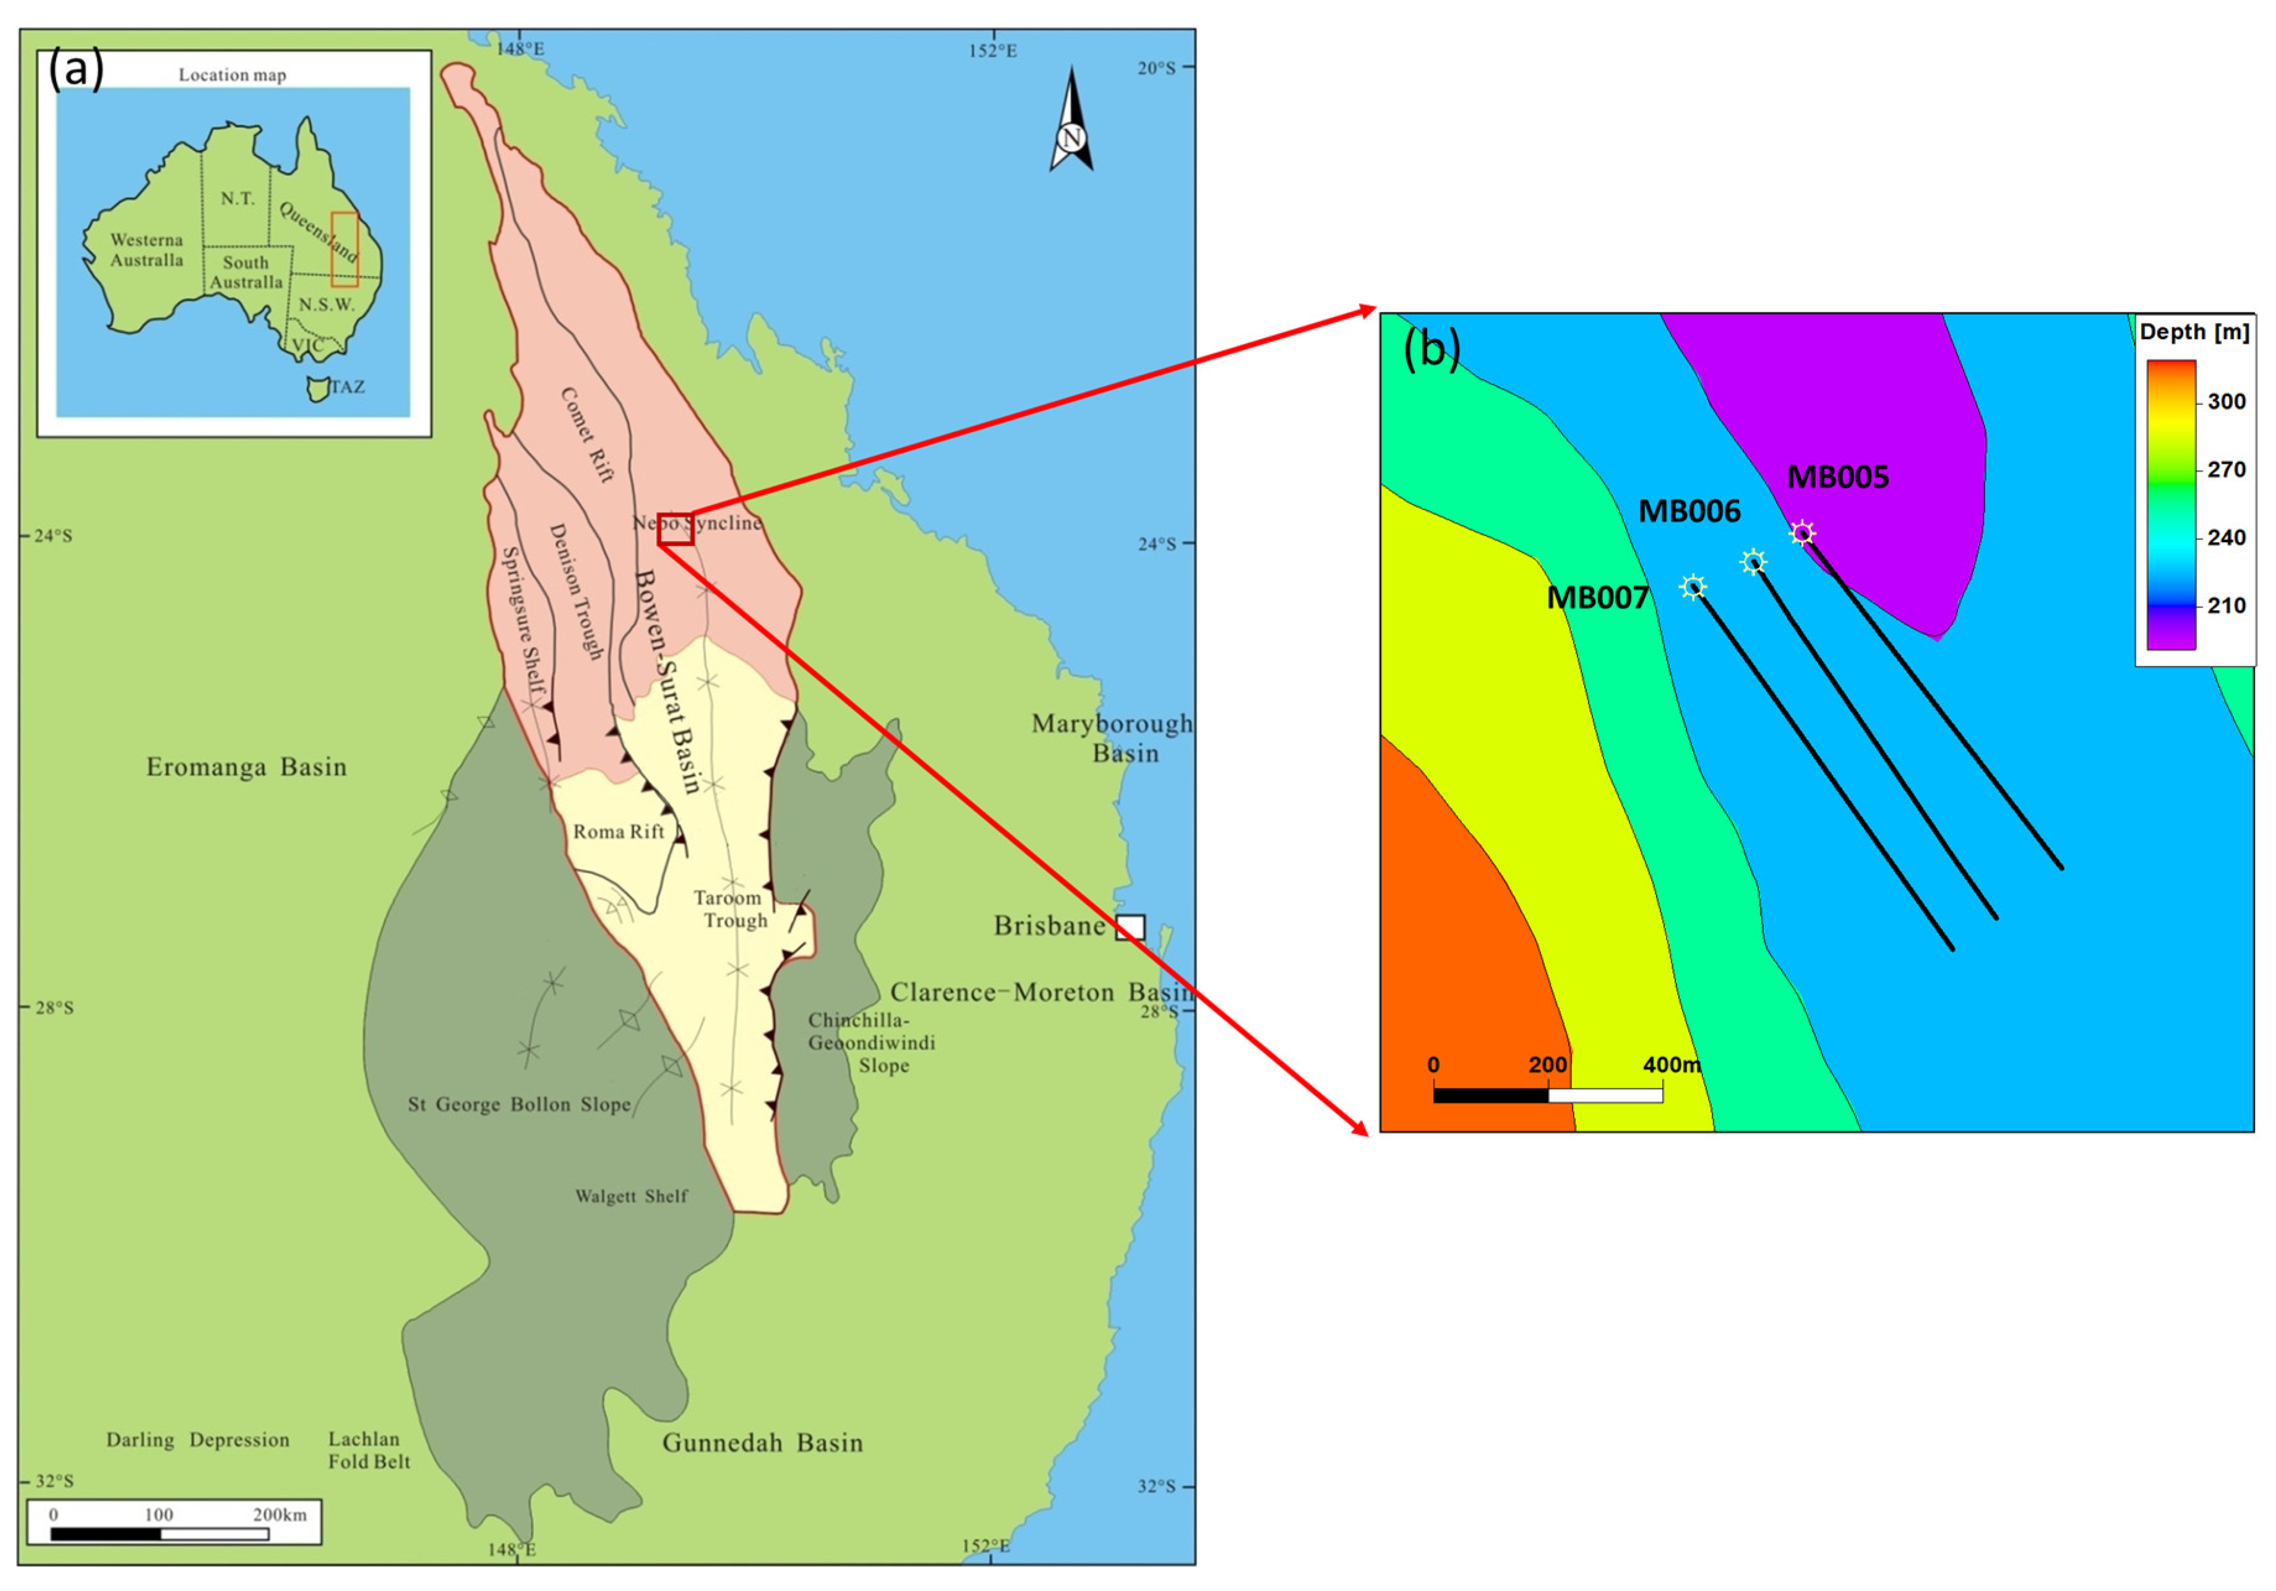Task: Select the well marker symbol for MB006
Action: click(x=1753, y=562)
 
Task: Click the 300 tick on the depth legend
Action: click(x=2225, y=402)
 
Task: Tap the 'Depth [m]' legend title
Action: click(x=2194, y=332)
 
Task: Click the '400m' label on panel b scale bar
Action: click(x=1672, y=1064)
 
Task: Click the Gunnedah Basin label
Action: click(x=762, y=1442)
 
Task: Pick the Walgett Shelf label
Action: click(x=632, y=1196)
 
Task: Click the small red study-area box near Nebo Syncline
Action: click(x=675, y=528)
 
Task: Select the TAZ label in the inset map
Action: click(x=347, y=387)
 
